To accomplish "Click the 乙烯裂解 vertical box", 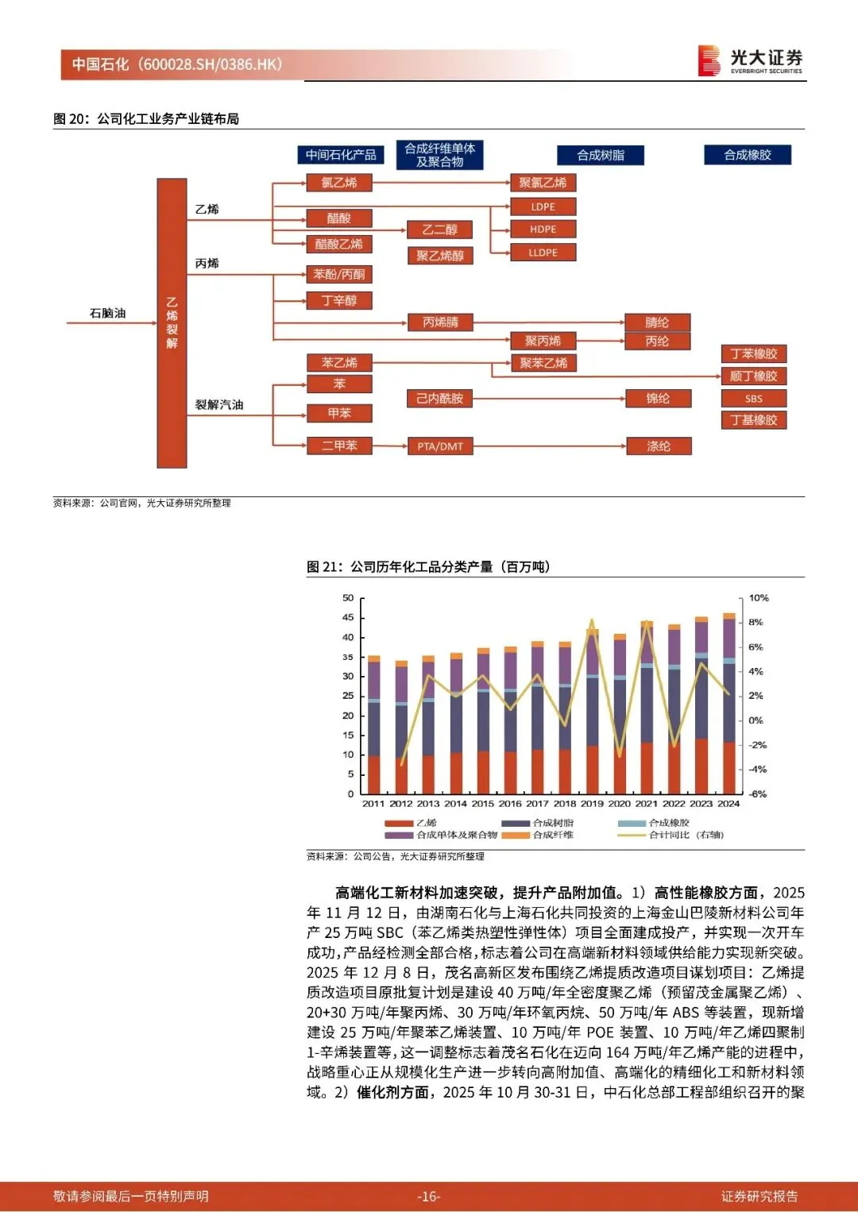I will pyautogui.click(x=172, y=322).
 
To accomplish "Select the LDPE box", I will pyautogui.click(x=543, y=207).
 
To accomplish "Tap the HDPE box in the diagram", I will pyautogui.click(x=543, y=230).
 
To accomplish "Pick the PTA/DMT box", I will pyautogui.click(x=439, y=446).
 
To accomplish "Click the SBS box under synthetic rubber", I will pyautogui.click(x=753, y=399).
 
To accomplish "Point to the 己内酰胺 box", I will pyautogui.click(x=439, y=399).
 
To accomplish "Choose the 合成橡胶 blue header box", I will pyautogui.click(x=747, y=155).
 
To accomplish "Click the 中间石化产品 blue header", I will pyautogui.click(x=341, y=155).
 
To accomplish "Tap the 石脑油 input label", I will pyautogui.click(x=107, y=313).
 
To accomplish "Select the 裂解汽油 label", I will pyautogui.click(x=219, y=404).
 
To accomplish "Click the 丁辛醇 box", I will pyautogui.click(x=339, y=300).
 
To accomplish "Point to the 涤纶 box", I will pyautogui.click(x=658, y=446).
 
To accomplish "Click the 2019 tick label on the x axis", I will pyautogui.click(x=592, y=804).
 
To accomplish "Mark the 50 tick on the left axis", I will pyautogui.click(x=348, y=598).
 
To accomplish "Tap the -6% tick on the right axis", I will pyautogui.click(x=758, y=794).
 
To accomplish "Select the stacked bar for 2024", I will pyautogui.click(x=729, y=704).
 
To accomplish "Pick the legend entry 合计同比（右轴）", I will pyautogui.click(x=686, y=835).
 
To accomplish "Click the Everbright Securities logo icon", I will pyautogui.click(x=708, y=60).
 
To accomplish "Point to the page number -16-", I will pyautogui.click(x=428, y=1196).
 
